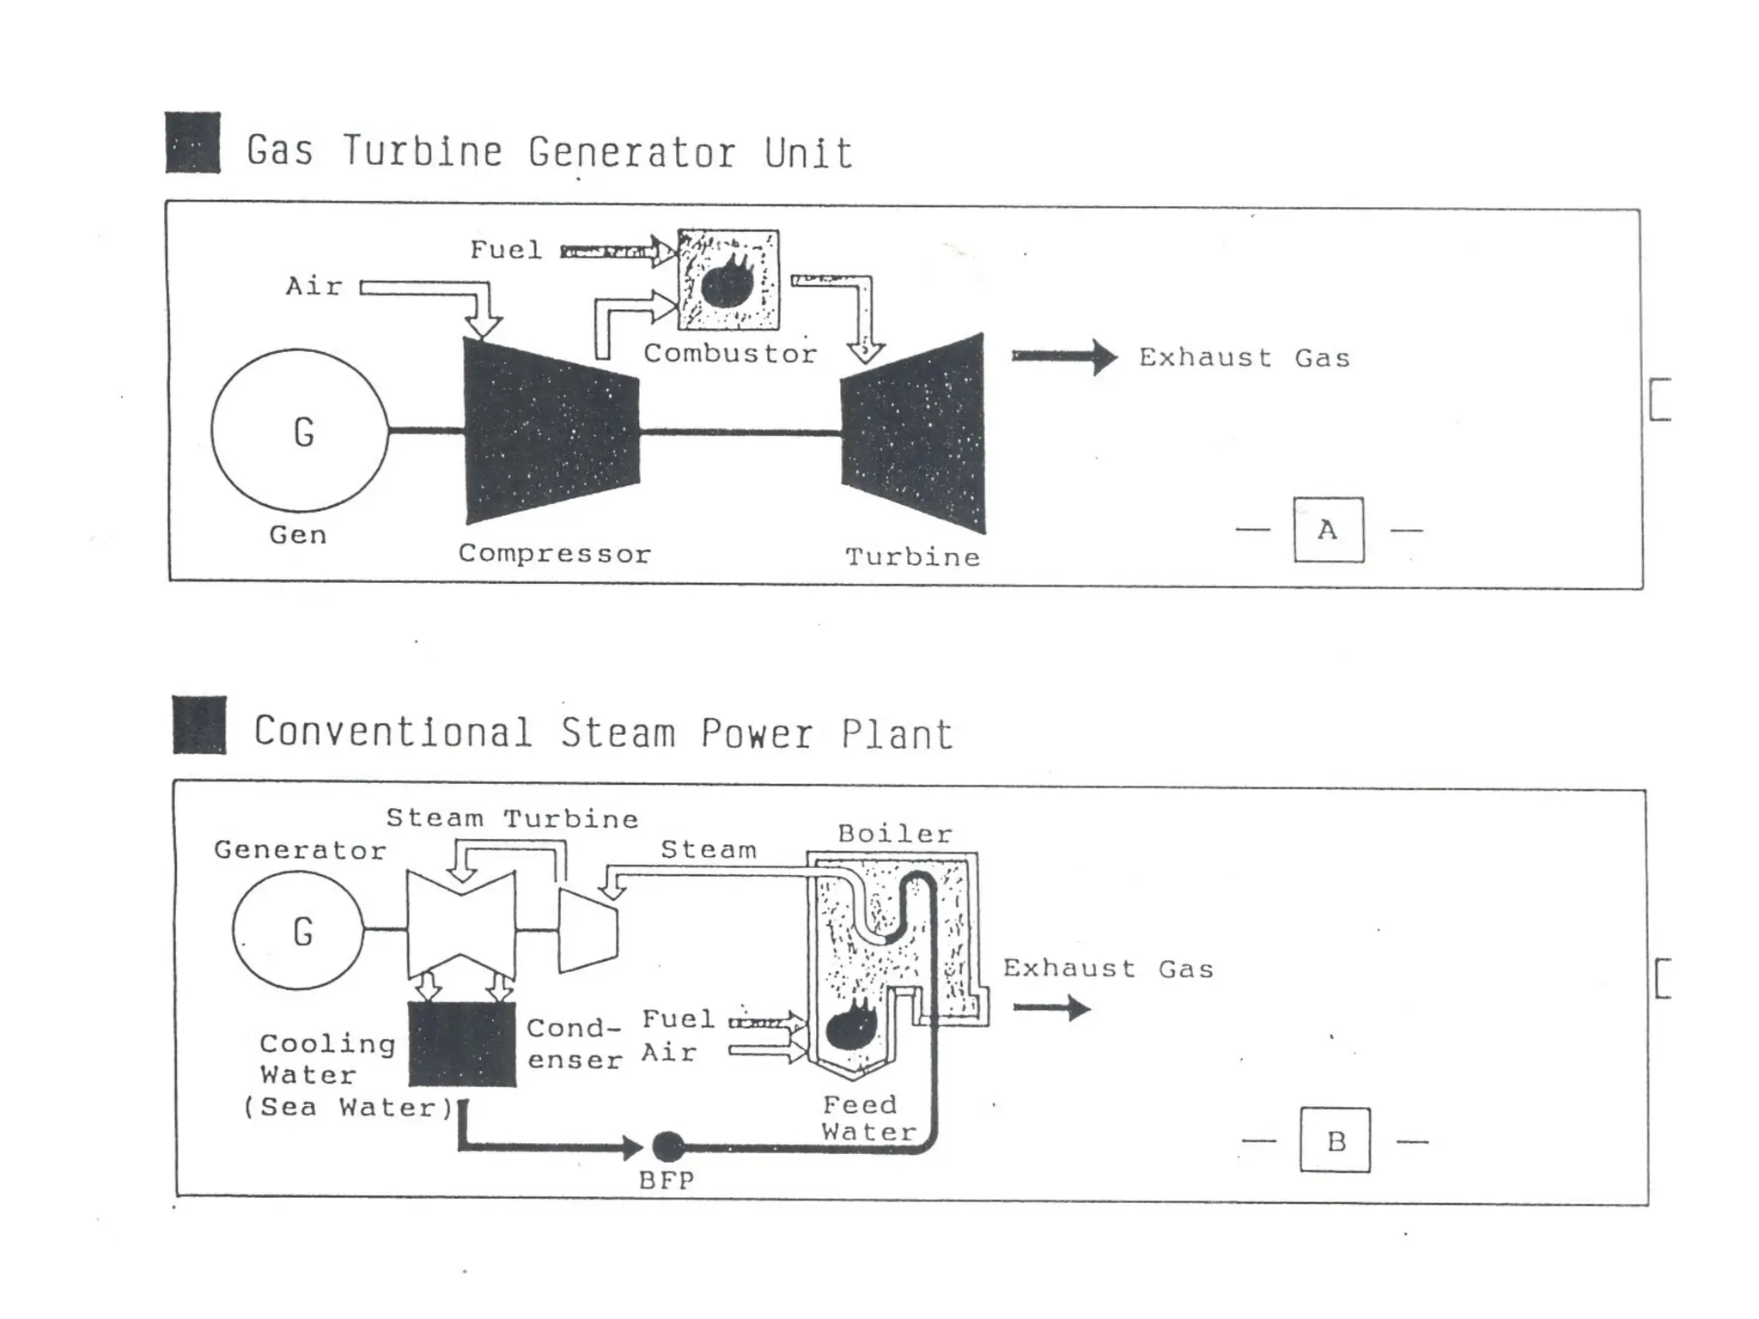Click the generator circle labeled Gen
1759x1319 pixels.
tap(299, 429)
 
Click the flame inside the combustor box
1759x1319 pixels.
tap(728, 281)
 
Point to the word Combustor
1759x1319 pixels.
tap(730, 354)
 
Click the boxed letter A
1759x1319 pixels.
tap(1328, 530)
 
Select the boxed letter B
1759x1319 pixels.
tap(1335, 1140)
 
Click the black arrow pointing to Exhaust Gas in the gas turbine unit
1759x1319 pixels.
tap(1063, 356)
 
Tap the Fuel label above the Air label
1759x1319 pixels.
tap(506, 250)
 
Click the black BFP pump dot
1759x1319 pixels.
tap(668, 1146)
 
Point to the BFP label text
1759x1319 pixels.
tap(666, 1181)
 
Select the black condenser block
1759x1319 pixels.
tap(462, 1044)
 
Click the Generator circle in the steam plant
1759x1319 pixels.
tap(298, 930)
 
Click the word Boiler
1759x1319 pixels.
tap(895, 834)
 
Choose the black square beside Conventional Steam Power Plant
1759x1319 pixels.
tap(199, 725)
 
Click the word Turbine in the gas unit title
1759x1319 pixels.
tap(423, 152)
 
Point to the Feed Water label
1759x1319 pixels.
tap(867, 1118)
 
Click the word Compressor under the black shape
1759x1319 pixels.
tap(555, 554)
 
